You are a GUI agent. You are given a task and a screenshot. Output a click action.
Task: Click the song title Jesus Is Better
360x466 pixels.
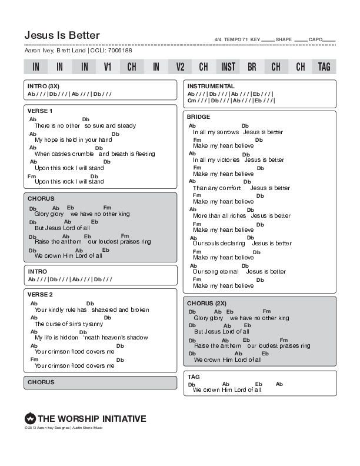pyautogui.click(x=62, y=35)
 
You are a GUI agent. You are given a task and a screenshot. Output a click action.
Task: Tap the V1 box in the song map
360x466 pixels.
pyautogui.click(x=108, y=67)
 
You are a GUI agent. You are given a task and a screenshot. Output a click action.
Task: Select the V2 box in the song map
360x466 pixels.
pyautogui.click(x=180, y=67)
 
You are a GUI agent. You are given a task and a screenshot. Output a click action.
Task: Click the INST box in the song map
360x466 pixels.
pyautogui.click(x=228, y=67)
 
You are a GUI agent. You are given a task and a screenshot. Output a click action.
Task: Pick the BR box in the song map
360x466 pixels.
pyautogui.click(x=252, y=67)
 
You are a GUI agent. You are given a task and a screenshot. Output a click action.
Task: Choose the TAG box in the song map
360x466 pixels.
pyautogui.click(x=324, y=67)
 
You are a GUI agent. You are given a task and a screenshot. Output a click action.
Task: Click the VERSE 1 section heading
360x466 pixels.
pyautogui.click(x=40, y=111)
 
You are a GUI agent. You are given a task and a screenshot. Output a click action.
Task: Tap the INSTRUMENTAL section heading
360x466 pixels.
pyautogui.click(x=211, y=86)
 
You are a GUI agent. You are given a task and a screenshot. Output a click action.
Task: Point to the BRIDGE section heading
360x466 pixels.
pyautogui.click(x=199, y=117)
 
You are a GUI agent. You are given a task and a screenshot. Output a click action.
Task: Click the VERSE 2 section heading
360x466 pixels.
pyautogui.click(x=40, y=294)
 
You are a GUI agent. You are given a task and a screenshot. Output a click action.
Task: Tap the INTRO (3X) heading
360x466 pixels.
pyautogui.click(x=44, y=86)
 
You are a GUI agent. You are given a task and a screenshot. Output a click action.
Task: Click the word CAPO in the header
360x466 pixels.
pyautogui.click(x=316, y=40)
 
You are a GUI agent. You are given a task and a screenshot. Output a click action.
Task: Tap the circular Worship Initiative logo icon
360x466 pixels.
pyautogui.click(x=31, y=419)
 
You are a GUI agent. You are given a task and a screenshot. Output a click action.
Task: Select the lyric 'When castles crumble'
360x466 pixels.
pyautogui.click(x=61, y=154)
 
